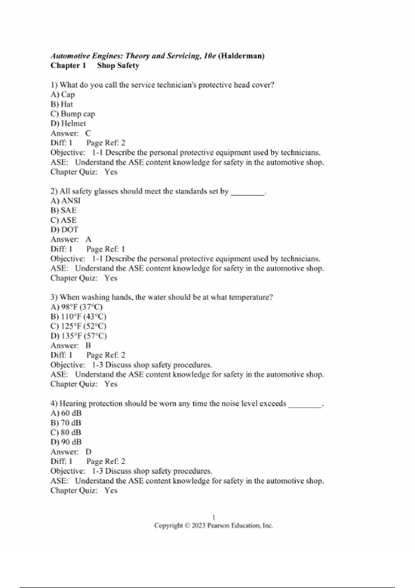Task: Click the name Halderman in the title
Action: pos(242,56)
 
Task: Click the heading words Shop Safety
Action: pos(118,66)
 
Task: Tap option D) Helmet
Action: pos(68,123)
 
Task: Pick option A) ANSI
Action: pos(65,201)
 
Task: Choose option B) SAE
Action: pos(63,210)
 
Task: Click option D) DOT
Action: pos(64,230)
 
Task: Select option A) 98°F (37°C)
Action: pos(76,307)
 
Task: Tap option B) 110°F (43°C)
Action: pos(79,316)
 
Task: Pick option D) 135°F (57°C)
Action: pos(79,336)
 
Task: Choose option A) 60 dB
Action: pos(66,413)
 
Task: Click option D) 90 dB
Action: pos(66,442)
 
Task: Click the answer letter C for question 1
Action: pos(88,133)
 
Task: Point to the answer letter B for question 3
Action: pos(88,346)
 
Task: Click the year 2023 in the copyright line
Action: pos(199,526)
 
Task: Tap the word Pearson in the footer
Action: pos(219,526)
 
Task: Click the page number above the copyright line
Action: pos(214,517)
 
